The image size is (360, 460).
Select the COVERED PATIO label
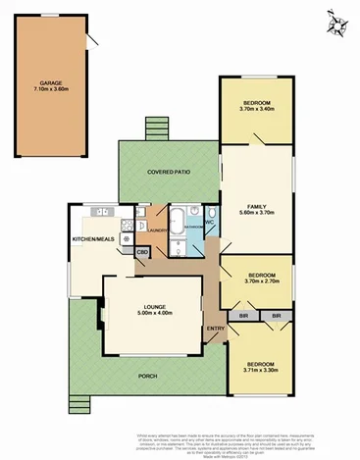(168, 172)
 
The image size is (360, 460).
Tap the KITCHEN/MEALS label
(93, 238)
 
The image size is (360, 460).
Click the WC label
(210, 222)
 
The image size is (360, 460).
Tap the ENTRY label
(216, 330)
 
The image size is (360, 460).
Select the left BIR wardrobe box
(243, 316)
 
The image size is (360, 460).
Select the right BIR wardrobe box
(277, 316)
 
